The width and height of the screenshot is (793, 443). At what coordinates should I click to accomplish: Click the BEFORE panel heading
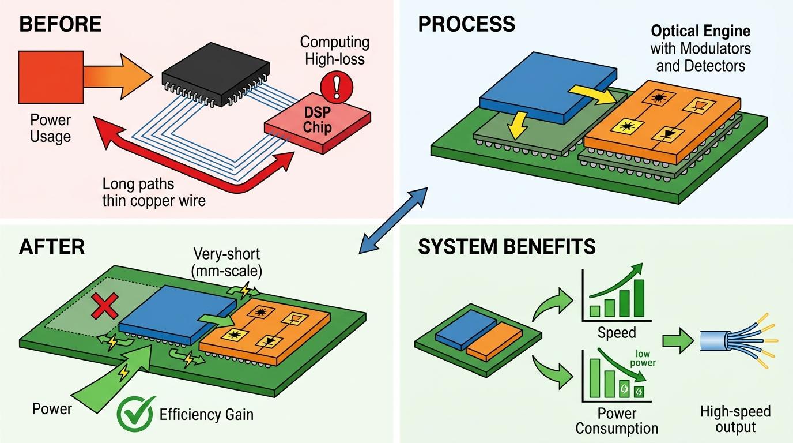pyautogui.click(x=60, y=24)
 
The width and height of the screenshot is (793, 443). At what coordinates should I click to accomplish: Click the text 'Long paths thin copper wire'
pyautogui.click(x=154, y=193)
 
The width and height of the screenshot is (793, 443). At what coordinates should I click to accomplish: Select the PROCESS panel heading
pyautogui.click(x=466, y=24)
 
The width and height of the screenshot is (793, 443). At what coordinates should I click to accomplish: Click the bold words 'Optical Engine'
pyautogui.click(x=701, y=31)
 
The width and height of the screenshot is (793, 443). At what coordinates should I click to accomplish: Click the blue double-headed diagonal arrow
pyautogui.click(x=393, y=220)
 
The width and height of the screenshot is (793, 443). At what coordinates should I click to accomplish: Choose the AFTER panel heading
pyautogui.click(x=52, y=247)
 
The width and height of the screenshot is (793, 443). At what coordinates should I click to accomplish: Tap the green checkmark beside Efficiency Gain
pyautogui.click(x=136, y=413)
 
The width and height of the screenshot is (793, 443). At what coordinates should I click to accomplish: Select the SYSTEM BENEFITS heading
pyautogui.click(x=507, y=247)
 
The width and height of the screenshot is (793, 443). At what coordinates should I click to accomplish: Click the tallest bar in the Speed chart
pyautogui.click(x=639, y=298)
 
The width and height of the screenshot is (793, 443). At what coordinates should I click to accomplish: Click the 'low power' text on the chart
pyautogui.click(x=645, y=358)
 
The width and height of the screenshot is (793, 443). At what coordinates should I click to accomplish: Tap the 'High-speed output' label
pyautogui.click(x=735, y=419)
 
